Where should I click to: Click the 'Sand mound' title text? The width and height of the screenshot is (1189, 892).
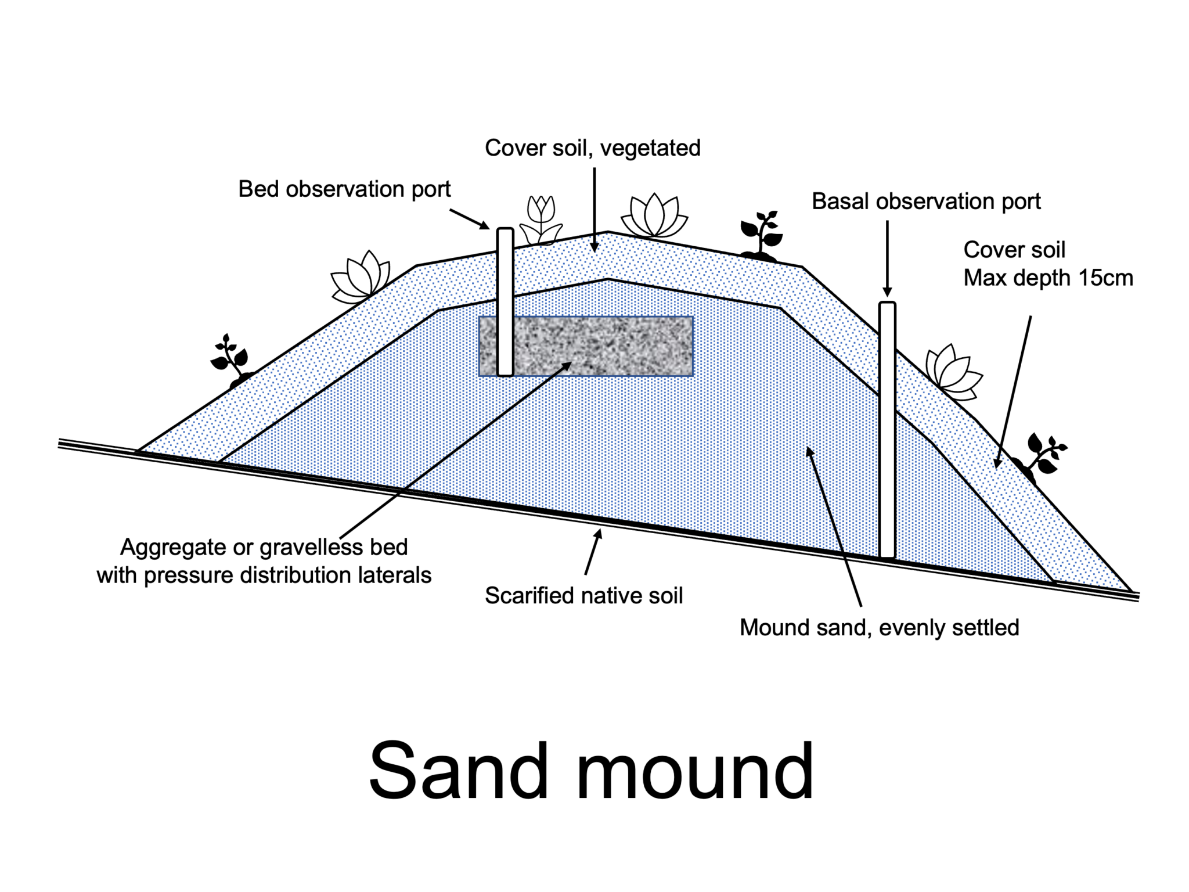click(590, 771)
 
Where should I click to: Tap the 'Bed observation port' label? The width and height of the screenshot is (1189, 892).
click(344, 189)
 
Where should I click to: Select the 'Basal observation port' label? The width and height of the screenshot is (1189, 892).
click(925, 202)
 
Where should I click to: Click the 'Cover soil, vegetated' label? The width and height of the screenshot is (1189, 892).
click(592, 148)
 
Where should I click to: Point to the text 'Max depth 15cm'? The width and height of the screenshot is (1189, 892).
click(1048, 278)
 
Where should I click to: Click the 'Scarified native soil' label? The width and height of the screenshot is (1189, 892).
click(583, 596)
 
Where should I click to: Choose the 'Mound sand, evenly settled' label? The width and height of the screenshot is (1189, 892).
click(879, 628)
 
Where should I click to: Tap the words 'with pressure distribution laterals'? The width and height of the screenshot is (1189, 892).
click(264, 576)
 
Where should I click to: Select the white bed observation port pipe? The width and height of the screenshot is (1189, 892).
click(505, 302)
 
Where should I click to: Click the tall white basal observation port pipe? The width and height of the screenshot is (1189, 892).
click(887, 430)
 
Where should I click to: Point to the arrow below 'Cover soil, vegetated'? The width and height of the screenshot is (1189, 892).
click(594, 209)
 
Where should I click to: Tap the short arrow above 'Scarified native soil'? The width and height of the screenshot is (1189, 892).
click(593, 551)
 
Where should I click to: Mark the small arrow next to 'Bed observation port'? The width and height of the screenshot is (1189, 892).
click(469, 218)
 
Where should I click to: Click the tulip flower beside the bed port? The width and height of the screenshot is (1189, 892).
click(541, 220)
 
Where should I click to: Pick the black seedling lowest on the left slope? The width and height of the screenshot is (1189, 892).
click(230, 361)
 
